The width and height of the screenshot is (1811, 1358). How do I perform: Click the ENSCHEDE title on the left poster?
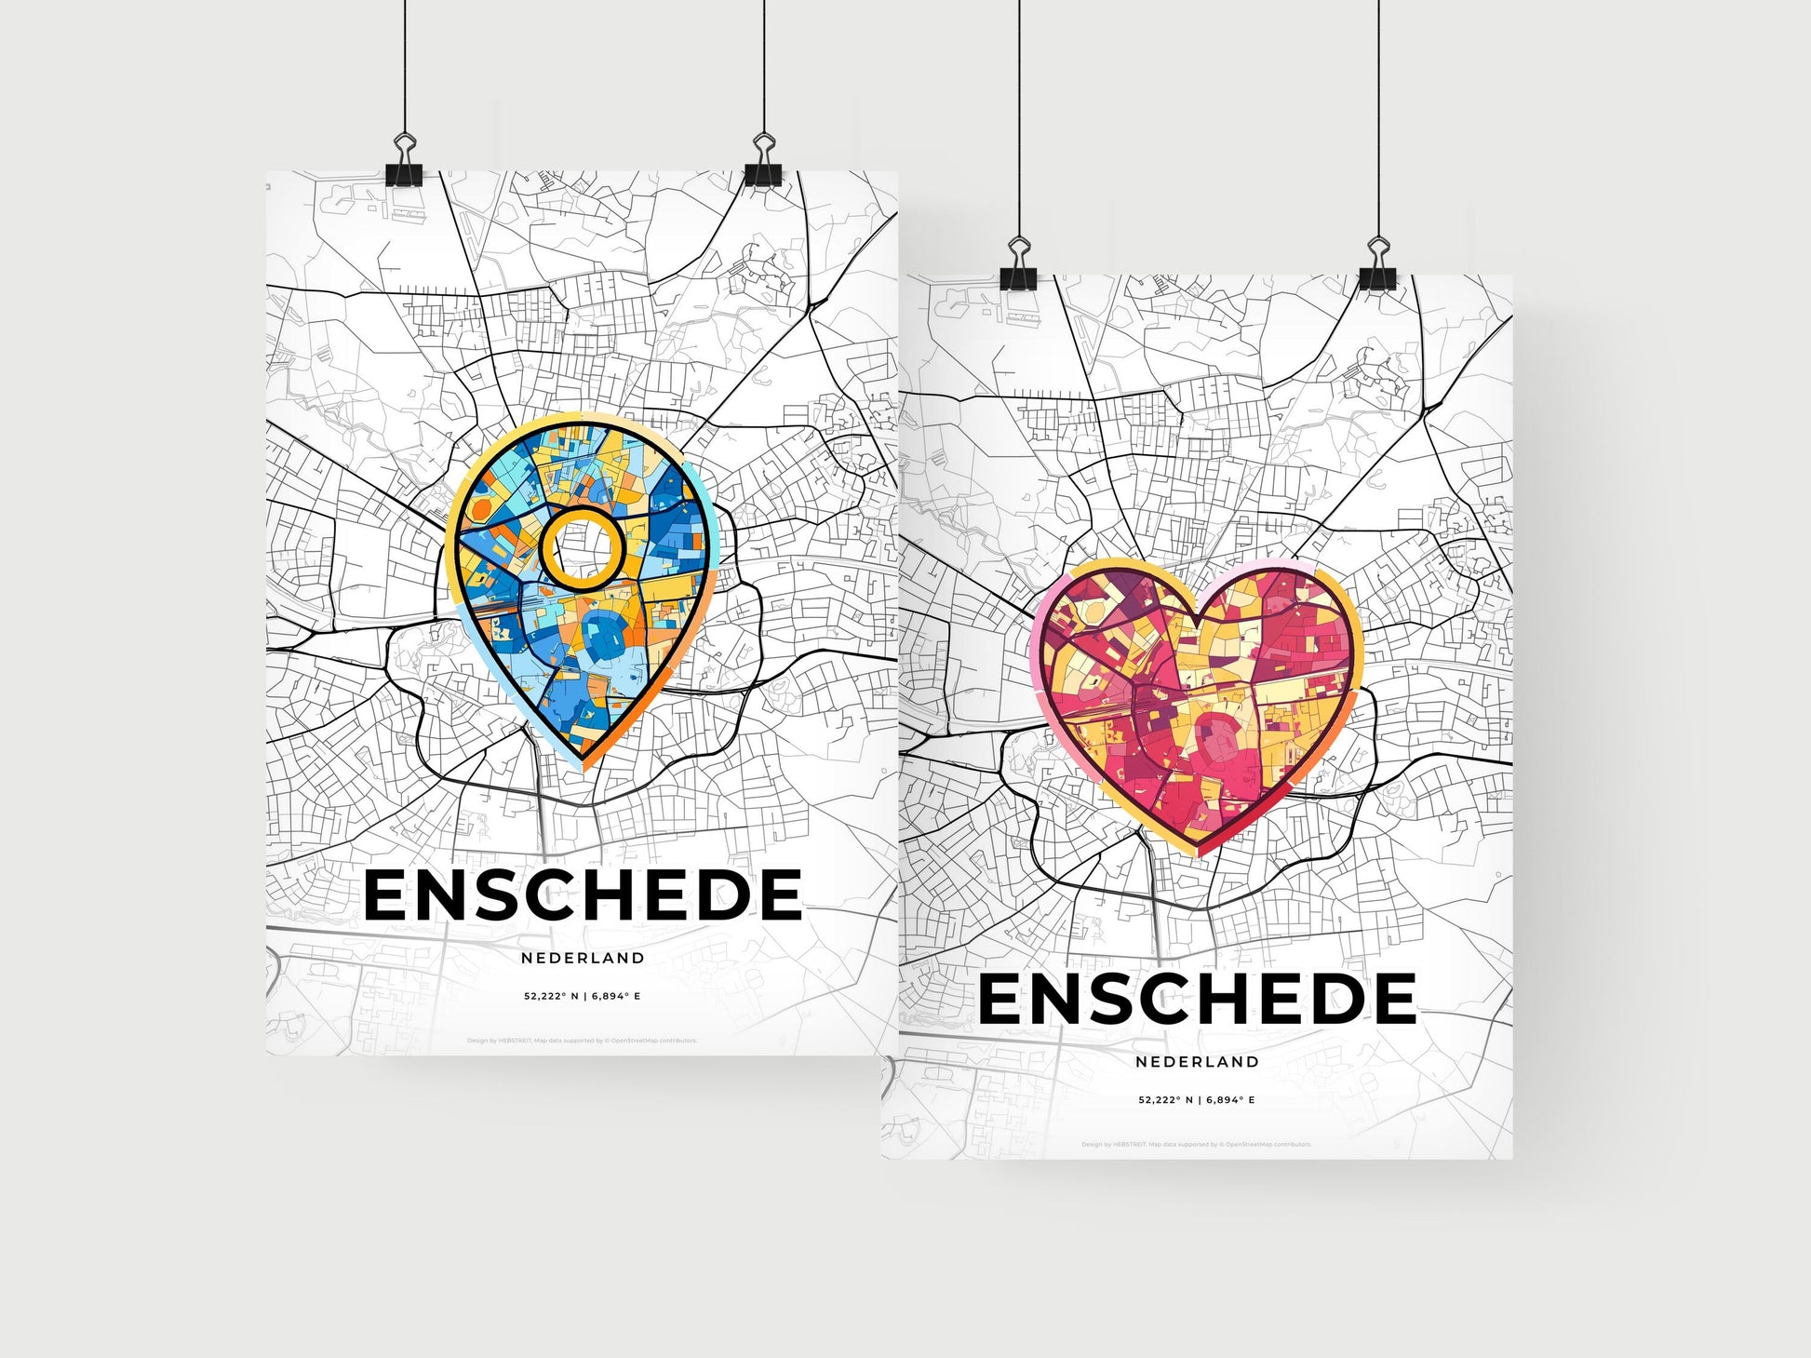tap(583, 895)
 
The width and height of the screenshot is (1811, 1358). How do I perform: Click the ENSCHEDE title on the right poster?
tap(1197, 999)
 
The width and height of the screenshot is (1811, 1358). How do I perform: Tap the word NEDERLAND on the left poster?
tap(583, 958)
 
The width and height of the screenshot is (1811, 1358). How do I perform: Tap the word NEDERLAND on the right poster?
tap(1197, 1061)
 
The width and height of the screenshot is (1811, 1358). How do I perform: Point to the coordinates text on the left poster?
tap(583, 996)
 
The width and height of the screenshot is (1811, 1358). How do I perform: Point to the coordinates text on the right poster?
tap(1197, 1099)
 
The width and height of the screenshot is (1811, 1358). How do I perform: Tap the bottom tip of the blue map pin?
tap(584, 765)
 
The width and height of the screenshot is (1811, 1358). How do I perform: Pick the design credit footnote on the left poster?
tap(583, 1041)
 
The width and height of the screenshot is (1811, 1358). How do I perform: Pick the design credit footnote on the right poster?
tap(1197, 1144)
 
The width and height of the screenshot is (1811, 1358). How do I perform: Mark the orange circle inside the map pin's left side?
tap(481, 509)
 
